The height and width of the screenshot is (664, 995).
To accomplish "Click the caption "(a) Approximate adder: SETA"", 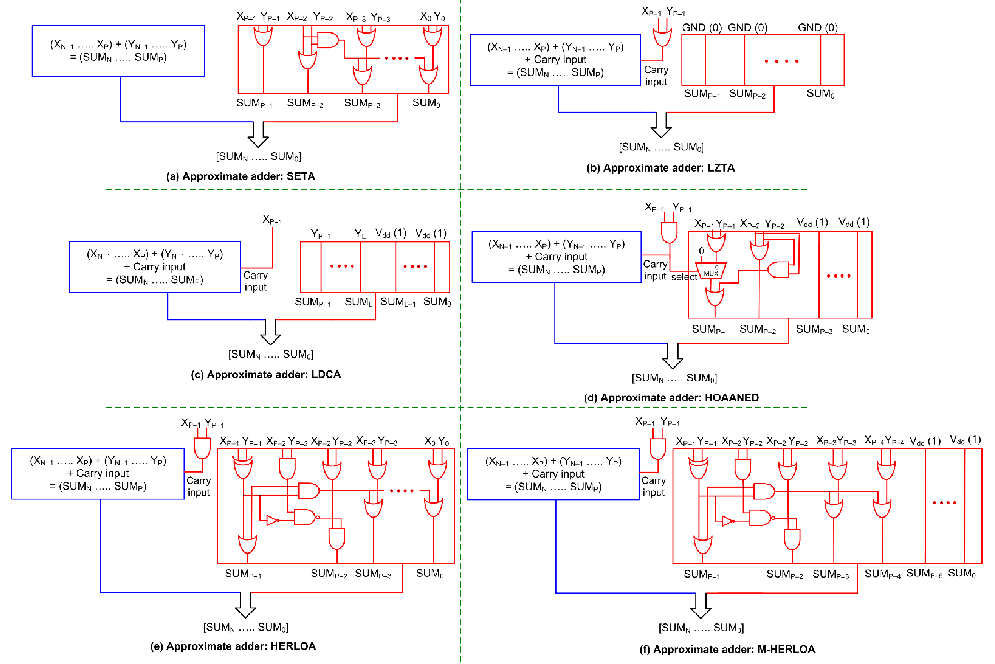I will point(241,176).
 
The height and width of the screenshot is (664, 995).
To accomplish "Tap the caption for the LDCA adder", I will point(266,375).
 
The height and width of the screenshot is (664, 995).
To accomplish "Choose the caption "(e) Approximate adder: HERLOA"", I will point(233,646).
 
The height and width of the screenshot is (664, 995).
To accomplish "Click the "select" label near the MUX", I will point(684,277).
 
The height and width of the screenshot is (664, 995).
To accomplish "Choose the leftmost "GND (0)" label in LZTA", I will point(701,28).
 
